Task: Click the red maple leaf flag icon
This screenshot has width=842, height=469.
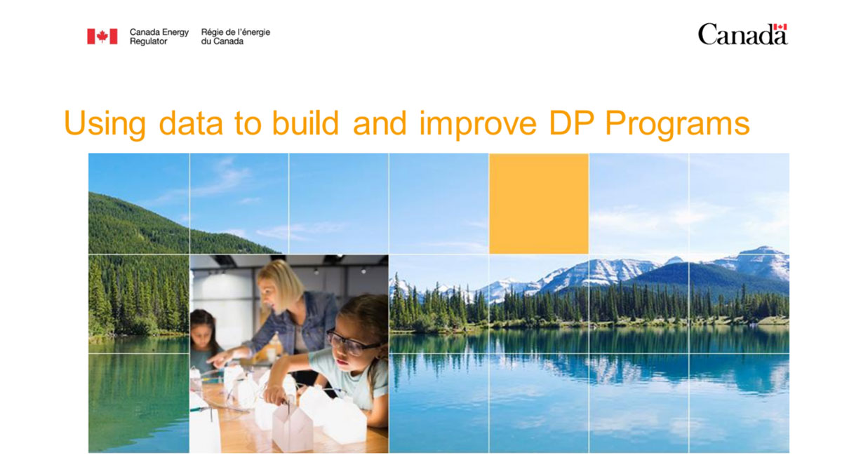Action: tap(102, 36)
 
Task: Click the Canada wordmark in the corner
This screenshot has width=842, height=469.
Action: tap(742, 34)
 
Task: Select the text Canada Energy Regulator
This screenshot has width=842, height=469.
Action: tap(159, 36)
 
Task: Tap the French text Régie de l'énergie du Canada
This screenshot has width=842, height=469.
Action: tap(235, 36)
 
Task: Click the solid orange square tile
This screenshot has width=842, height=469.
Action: tap(538, 203)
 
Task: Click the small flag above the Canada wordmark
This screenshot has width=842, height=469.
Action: tap(780, 27)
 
